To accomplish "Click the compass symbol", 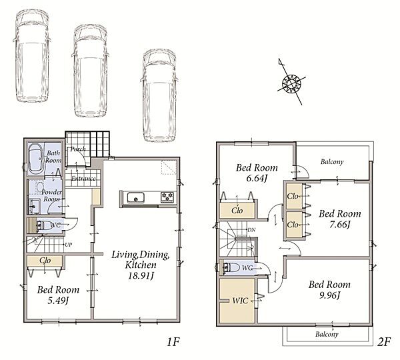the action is coord(291,83).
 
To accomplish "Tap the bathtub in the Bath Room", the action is coord(36,159).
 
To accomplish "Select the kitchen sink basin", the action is coord(136,198).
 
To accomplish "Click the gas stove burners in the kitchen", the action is coord(167,197).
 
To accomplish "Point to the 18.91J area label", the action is coord(141,275).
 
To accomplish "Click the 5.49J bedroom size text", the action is coord(58,300).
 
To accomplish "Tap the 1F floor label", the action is coord(173,342).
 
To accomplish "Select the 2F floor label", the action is coord(384,342).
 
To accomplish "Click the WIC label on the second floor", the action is coord(240,301).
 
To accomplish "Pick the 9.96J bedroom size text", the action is coord(329,295).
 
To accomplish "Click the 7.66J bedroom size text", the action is coord(340,224).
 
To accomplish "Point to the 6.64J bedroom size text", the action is coord(257,178).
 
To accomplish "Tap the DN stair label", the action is coord(251,230).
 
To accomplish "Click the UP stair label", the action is coord(69,245).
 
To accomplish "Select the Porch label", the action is coord(78,149).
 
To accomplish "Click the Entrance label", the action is coord(83,179).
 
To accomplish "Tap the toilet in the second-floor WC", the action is coord(231,267).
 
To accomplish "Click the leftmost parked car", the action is coord(31,55).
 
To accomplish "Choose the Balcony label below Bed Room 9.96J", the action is coord(327,334).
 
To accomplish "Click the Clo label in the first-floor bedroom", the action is coord(45,261).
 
